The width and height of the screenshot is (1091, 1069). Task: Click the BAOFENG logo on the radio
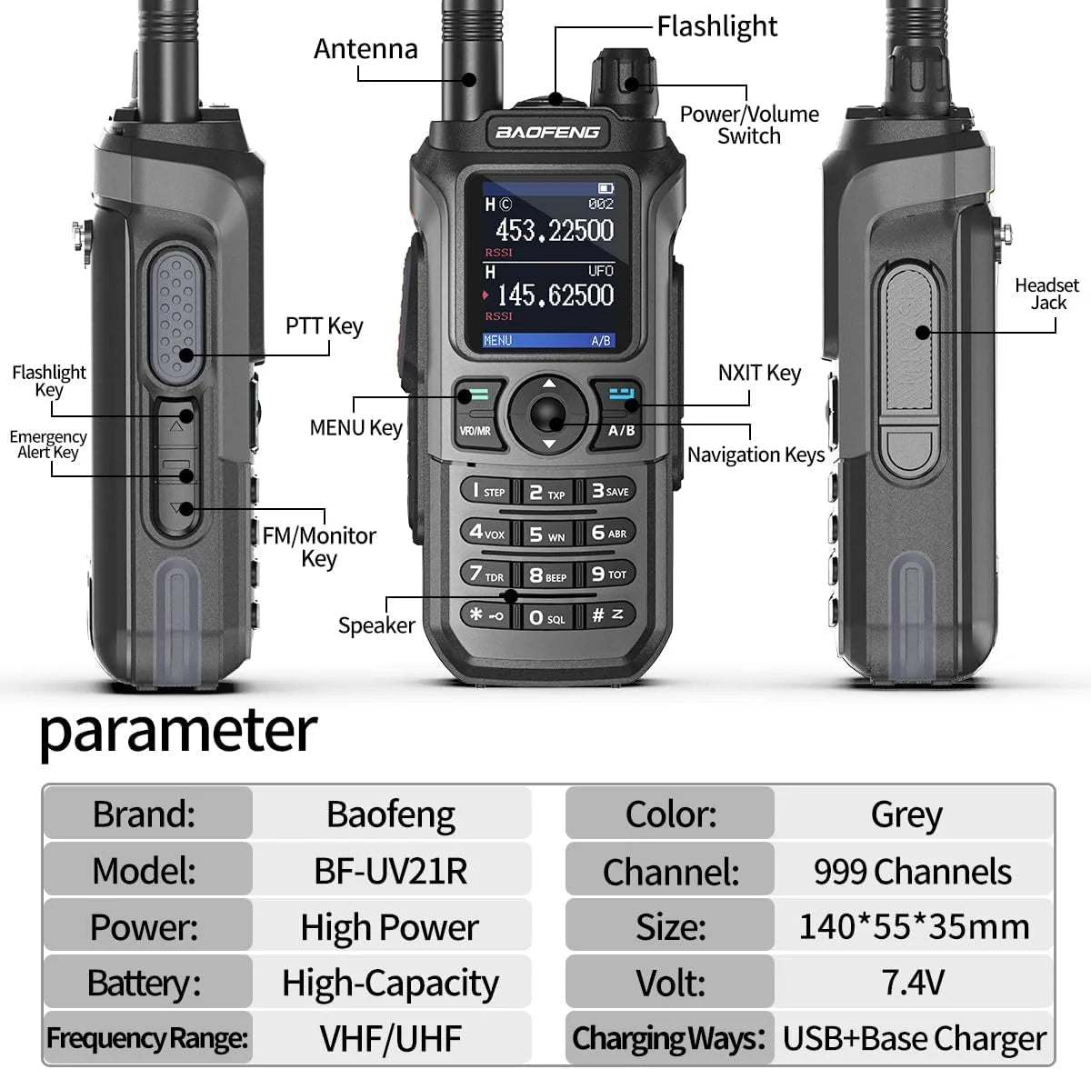(547, 133)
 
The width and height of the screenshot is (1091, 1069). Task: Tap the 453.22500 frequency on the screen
(555, 230)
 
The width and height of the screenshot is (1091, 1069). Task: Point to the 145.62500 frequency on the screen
(556, 295)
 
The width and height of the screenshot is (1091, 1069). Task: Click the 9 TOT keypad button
(609, 574)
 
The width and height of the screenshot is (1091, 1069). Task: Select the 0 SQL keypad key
(546, 617)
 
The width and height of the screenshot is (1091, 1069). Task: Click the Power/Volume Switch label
(749, 125)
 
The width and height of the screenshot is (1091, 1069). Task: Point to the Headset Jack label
(1046, 294)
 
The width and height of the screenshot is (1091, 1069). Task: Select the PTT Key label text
(324, 325)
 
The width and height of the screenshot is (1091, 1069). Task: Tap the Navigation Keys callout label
(756, 455)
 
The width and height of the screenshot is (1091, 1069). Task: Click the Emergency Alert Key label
(48, 445)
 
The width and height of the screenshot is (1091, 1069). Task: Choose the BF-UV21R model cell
(391, 871)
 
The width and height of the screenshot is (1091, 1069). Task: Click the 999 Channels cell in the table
(912, 871)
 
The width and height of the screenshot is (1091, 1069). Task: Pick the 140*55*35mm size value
(914, 926)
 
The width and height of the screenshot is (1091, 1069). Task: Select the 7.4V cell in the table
(913, 982)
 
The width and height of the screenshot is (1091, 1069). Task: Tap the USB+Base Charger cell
(914, 1037)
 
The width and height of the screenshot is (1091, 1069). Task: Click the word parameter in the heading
(178, 732)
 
